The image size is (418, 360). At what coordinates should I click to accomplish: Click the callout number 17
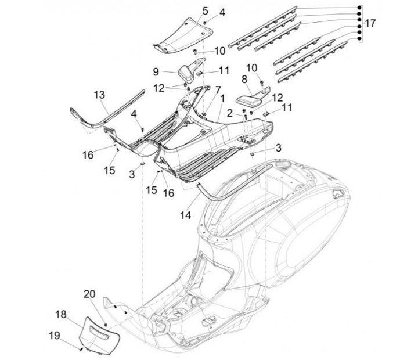pyautogui.click(x=369, y=24)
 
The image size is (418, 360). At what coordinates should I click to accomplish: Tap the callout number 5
pyautogui.click(x=189, y=11)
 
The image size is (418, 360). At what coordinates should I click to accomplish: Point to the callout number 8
pyautogui.click(x=244, y=78)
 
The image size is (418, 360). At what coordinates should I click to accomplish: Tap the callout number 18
pyautogui.click(x=61, y=314)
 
